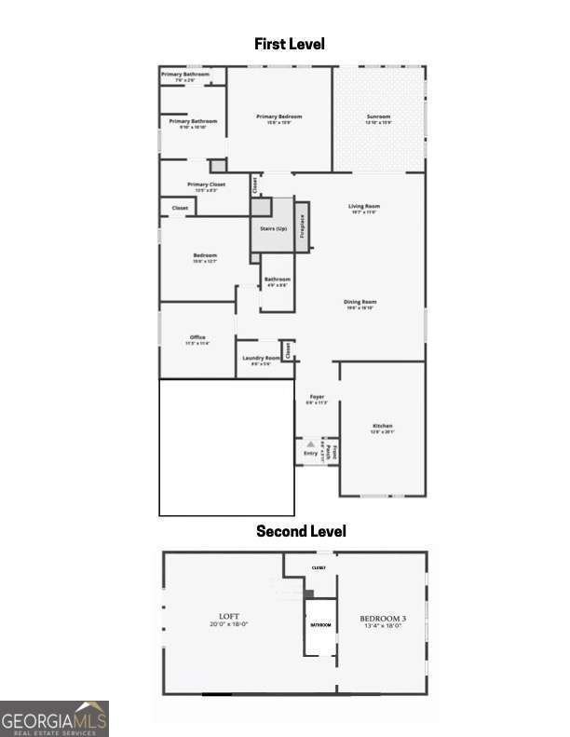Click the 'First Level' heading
click(x=289, y=44)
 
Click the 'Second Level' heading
click(x=301, y=531)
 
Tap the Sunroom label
click(x=377, y=117)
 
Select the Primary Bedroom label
click(x=279, y=117)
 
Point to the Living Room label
click(x=364, y=207)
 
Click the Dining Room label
click(x=360, y=303)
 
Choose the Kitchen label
click(x=383, y=427)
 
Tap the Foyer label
click(x=317, y=397)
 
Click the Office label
click(x=197, y=338)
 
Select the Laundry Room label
click(x=261, y=359)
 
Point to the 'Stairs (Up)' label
click(x=273, y=228)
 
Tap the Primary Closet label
click(x=206, y=185)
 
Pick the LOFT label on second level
click(x=229, y=617)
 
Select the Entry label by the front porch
click(x=310, y=454)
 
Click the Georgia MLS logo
click(x=54, y=718)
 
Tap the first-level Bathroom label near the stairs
click(x=277, y=280)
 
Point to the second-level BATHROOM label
click(x=320, y=625)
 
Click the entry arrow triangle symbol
click(x=311, y=444)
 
